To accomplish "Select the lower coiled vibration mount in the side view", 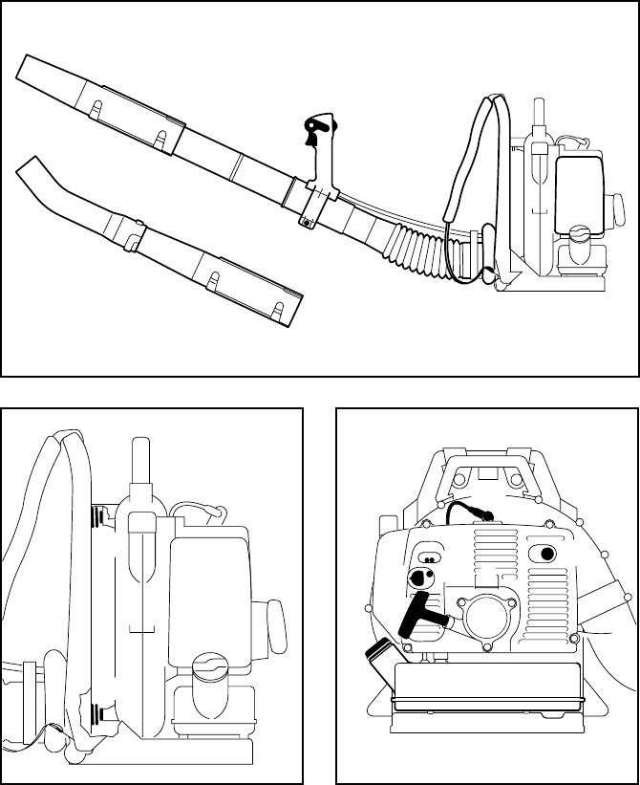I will (96, 712).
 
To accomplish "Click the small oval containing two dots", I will (431, 557).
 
